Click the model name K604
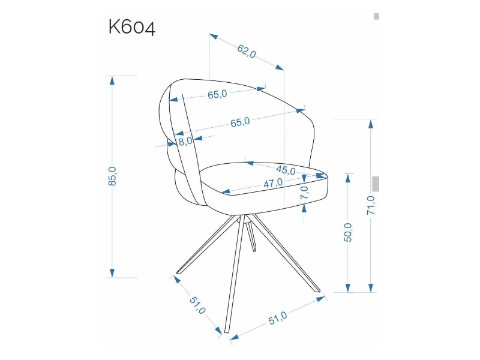[x=132, y=28]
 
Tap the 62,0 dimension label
[x=247, y=52]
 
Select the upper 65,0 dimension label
[x=217, y=94]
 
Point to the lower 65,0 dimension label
[x=241, y=122]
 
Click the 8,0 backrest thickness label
[x=185, y=141]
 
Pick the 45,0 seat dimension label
[x=286, y=170]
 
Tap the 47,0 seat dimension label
[x=274, y=183]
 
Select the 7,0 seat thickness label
[x=305, y=193]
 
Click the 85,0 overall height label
[x=112, y=176]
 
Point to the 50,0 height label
[x=348, y=233]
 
